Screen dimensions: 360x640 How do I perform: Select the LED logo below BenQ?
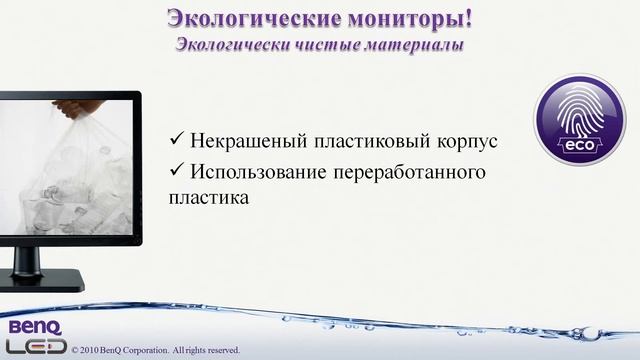pos(32,345)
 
